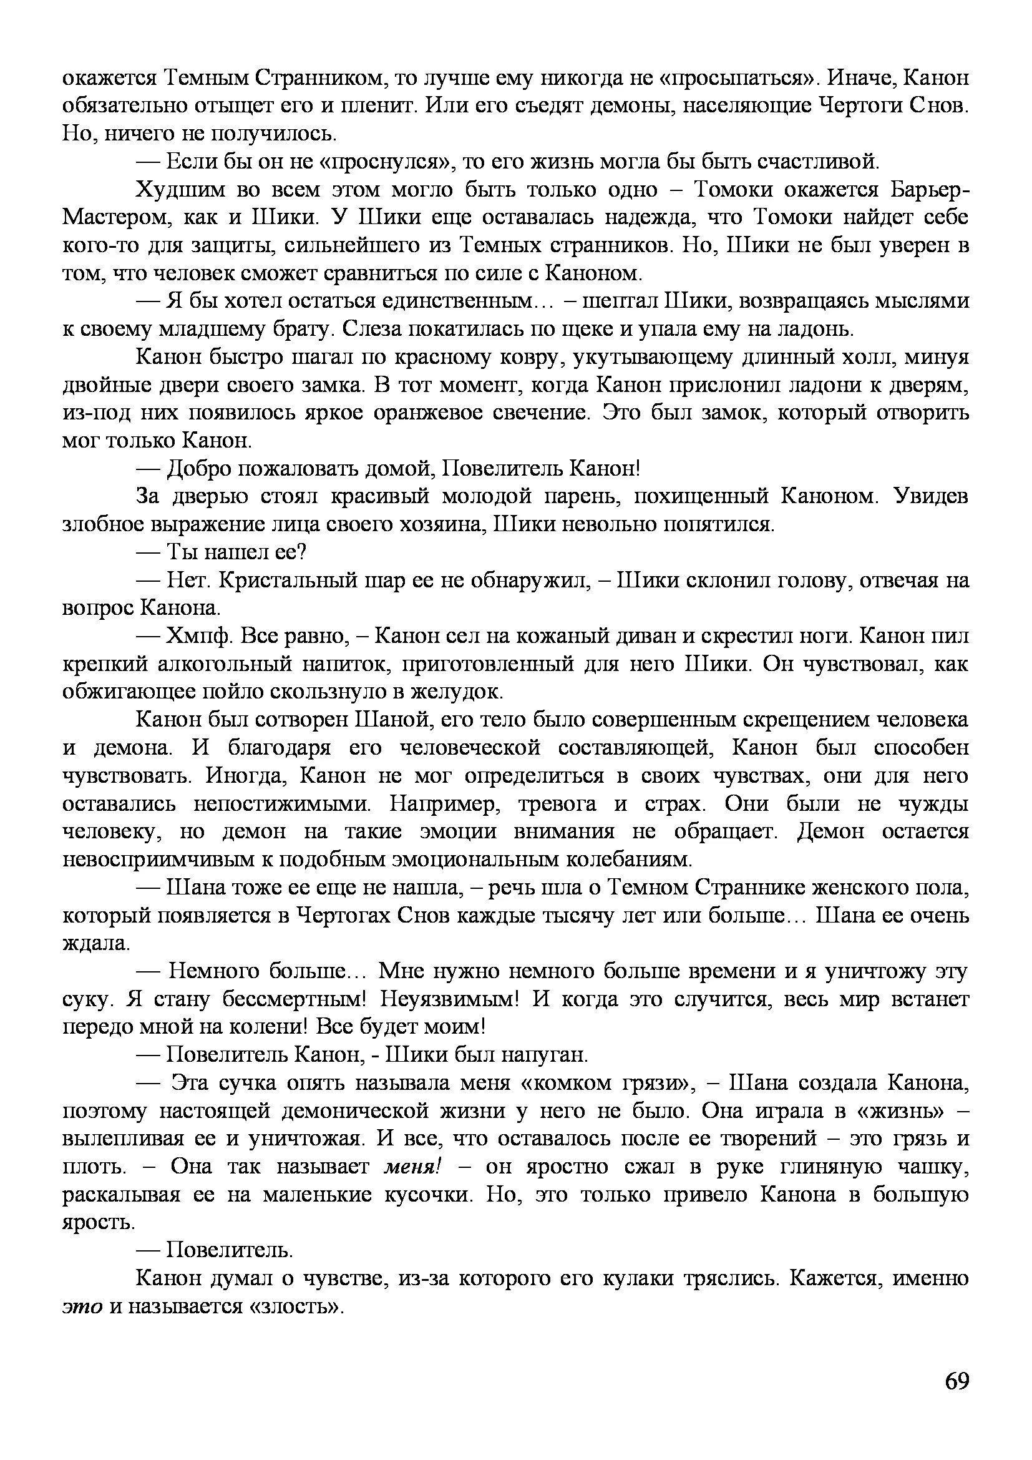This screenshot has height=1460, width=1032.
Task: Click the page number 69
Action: pos(957,1382)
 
